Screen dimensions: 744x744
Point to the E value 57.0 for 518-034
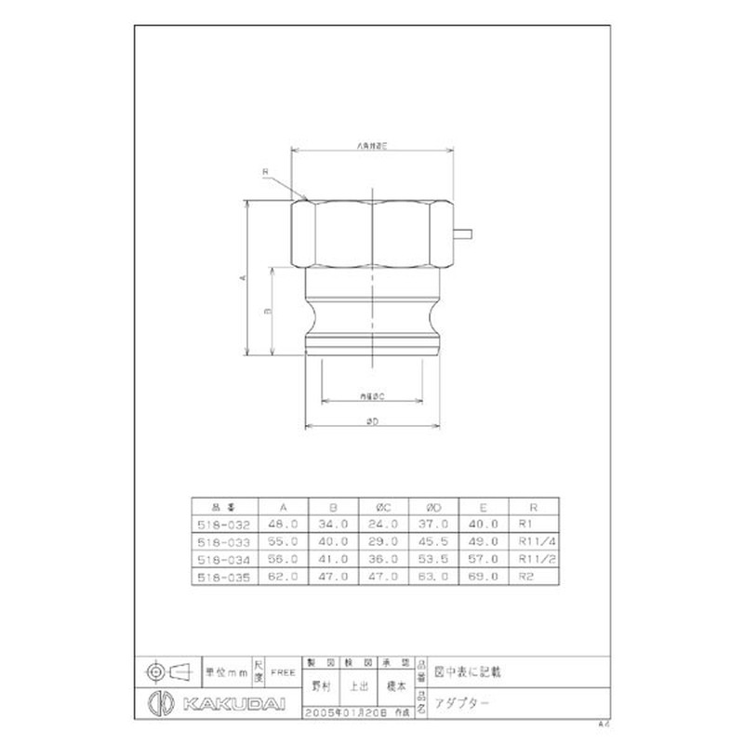pos(485,559)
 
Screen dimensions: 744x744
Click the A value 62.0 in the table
pos(283,577)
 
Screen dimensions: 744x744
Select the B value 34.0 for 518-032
pos(334,525)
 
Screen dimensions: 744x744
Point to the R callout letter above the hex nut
pos(264,172)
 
